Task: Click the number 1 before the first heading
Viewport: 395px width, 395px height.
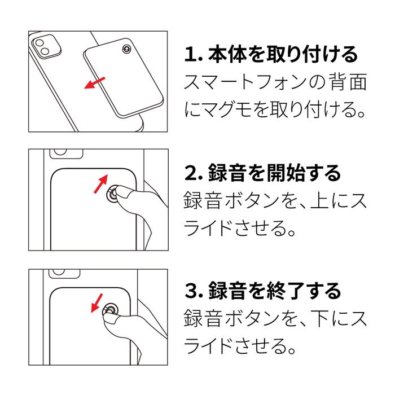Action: point(190,55)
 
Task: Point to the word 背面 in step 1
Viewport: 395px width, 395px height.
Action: point(349,83)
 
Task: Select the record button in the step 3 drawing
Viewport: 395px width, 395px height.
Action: point(109,310)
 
